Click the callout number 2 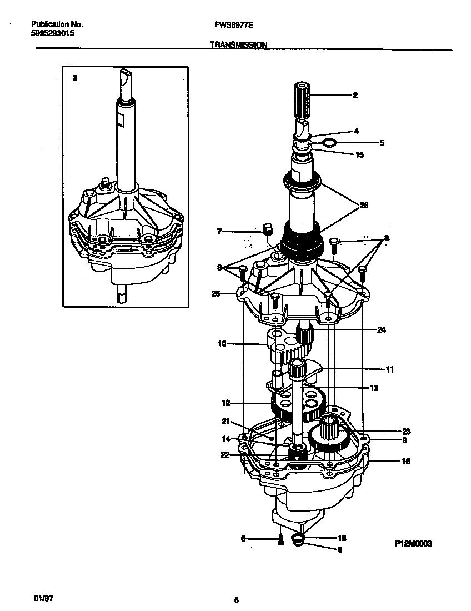pos(355,96)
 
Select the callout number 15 pos(360,155)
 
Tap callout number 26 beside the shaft pos(364,205)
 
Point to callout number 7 pos(219,231)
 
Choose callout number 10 pos(222,344)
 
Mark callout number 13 pos(374,388)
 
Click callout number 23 pos(406,431)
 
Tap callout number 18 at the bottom pos(342,538)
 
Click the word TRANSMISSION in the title pos(239,44)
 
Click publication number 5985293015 pos(52,33)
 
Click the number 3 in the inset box pos(75,79)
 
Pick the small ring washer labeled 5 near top pos(329,143)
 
